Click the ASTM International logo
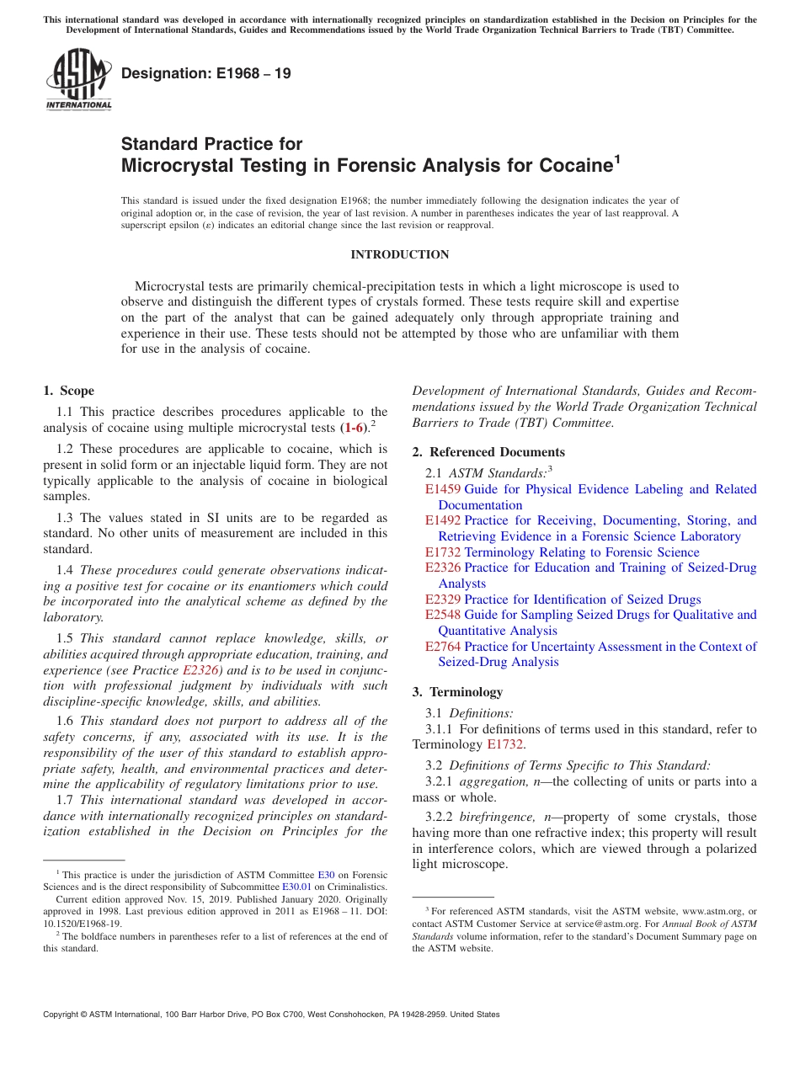78,79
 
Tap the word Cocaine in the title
567,165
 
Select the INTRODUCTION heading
399,254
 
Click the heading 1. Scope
69,391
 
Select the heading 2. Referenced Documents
488,452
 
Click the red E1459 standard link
442,489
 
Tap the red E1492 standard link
442,520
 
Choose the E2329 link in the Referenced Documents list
442,599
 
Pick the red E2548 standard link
442,615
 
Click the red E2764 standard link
442,647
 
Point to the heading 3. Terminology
457,692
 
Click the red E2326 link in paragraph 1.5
199,671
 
